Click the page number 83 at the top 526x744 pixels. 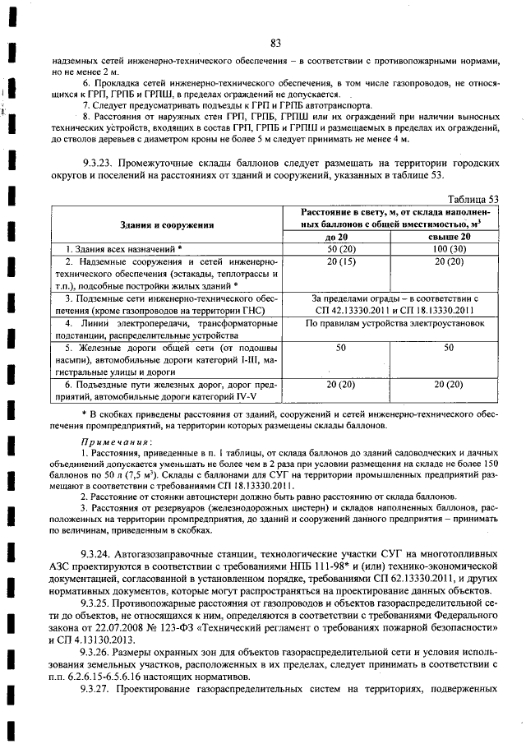pyautogui.click(x=275, y=43)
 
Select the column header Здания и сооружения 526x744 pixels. pyautogui.click(x=173, y=223)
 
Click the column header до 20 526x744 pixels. pyautogui.click(x=339, y=237)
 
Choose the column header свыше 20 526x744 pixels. pyautogui.click(x=449, y=237)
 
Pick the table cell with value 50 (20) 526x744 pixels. pyautogui.click(x=339, y=248)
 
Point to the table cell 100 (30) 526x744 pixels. pyautogui.click(x=449, y=248)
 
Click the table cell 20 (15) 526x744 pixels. pyautogui.click(x=339, y=261)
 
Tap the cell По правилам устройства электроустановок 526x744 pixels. pyautogui.click(x=394, y=324)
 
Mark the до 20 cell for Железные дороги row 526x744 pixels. pyautogui.click(x=339, y=349)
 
